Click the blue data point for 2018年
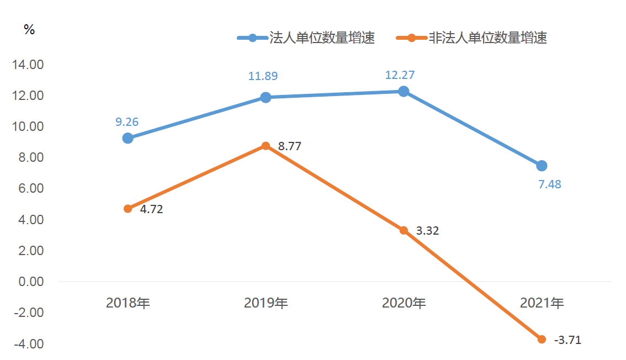click(128, 138)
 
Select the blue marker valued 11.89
click(266, 97)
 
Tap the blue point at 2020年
click(404, 91)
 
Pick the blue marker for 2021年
click(542, 166)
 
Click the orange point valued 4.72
click(128, 209)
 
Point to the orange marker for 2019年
click(266, 146)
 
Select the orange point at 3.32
click(404, 230)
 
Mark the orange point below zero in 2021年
click(542, 339)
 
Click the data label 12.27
click(400, 75)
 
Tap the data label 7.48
click(549, 184)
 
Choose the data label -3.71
click(567, 340)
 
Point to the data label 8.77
click(290, 147)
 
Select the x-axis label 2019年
click(266, 303)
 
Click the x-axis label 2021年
click(542, 303)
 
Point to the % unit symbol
click(29, 30)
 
